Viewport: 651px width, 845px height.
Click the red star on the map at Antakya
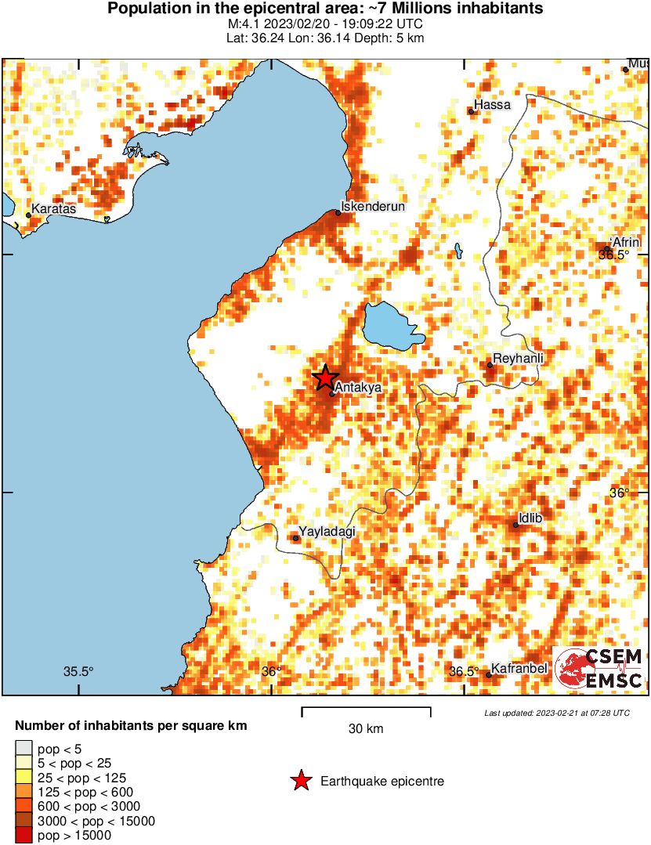[x=325, y=377]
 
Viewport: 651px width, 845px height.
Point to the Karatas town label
[x=54, y=209]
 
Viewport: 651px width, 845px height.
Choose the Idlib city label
[x=530, y=518]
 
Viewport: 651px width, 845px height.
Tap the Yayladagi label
[x=327, y=531]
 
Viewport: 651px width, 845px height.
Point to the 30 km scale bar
[x=366, y=711]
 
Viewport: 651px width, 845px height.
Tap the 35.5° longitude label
[x=78, y=671]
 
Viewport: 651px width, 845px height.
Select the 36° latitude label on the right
[x=620, y=493]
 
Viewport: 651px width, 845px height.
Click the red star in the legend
[x=299, y=781]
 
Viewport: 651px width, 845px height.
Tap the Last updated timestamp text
[x=556, y=713]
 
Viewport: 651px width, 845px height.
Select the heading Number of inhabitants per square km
[x=131, y=726]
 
